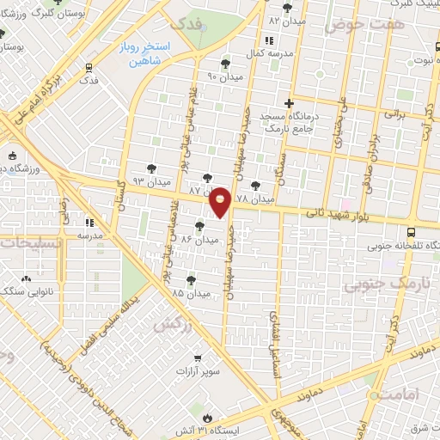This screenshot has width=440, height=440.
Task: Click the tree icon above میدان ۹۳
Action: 150,168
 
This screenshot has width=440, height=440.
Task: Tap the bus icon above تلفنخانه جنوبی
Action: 411,232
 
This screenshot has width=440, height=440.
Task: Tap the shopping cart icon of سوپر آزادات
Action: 197,357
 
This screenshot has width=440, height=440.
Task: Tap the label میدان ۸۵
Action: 190,293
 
